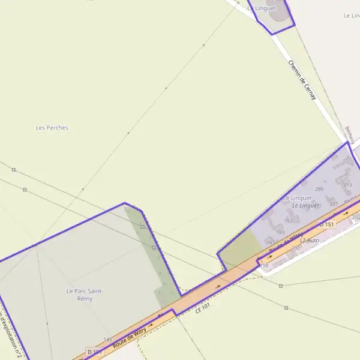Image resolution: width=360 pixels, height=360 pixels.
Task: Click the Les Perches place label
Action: click(52, 128)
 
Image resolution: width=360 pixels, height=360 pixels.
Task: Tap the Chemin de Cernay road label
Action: click(302, 79)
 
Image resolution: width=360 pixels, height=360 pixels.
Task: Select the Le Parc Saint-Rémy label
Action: click(85, 295)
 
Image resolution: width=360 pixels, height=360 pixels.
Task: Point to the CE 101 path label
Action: click(203, 307)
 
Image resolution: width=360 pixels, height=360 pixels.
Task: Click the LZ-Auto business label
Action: click(310, 240)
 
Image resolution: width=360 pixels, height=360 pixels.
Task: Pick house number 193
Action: click(288, 221)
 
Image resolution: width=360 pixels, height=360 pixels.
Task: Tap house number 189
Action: click(280, 232)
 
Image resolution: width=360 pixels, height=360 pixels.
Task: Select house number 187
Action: click(271, 242)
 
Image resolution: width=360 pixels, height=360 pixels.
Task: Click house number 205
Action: click(319, 190)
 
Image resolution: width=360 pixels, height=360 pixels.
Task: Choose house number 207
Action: click(334, 204)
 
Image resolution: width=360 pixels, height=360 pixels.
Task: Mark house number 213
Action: click(347, 185)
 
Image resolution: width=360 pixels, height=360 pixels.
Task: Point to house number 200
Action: click(295, 248)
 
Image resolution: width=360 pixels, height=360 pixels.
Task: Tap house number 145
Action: click(107, 340)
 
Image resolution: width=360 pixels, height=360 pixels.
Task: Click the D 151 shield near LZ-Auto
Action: click(326, 224)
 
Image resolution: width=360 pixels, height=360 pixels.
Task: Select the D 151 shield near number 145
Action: click(94, 352)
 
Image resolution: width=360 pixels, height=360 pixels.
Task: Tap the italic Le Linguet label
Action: click(305, 205)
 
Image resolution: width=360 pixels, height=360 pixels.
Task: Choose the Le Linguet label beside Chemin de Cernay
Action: click(262, 8)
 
